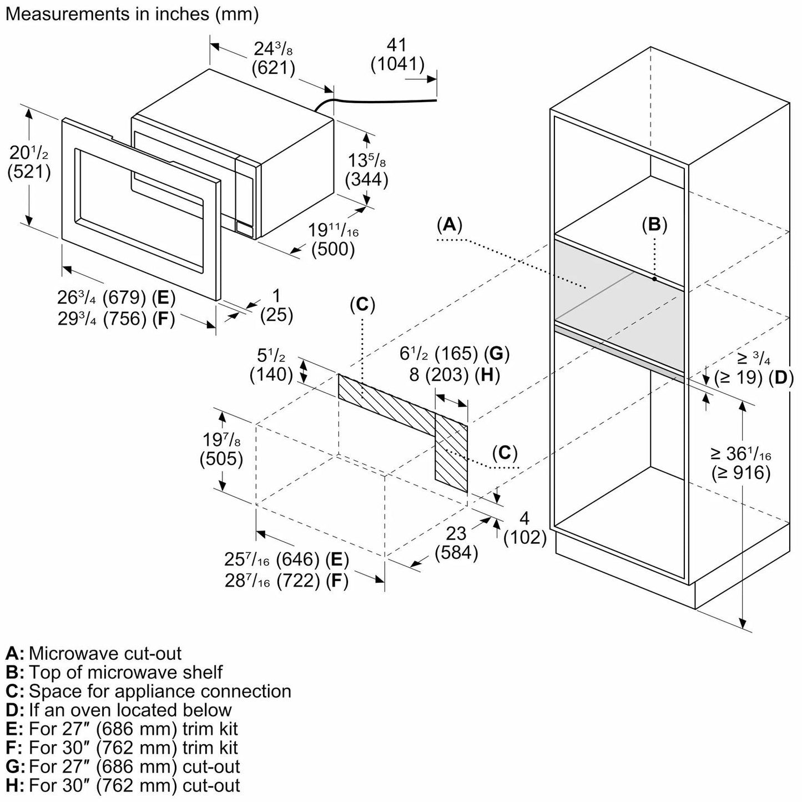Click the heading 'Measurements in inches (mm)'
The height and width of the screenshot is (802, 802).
tap(132, 14)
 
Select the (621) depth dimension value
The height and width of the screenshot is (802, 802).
tap(273, 68)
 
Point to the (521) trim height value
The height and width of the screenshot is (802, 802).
tap(29, 172)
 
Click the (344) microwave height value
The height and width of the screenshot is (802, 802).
tap(366, 180)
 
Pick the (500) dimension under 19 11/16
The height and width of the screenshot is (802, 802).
tap(333, 249)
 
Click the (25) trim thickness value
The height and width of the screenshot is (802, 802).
tap(276, 315)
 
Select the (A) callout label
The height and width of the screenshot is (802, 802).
tap(449, 224)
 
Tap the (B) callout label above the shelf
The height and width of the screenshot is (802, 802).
tap(654, 224)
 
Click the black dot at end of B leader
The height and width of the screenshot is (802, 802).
tap(655, 279)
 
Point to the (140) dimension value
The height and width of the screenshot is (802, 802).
tap(271, 375)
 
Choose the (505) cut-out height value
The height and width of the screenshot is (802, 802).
tap(221, 459)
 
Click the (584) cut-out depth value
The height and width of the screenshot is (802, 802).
tap(457, 553)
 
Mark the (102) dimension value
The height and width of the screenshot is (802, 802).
tap(525, 537)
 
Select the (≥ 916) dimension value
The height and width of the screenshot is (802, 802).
tap(741, 473)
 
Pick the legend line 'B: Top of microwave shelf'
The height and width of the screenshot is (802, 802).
tap(114, 672)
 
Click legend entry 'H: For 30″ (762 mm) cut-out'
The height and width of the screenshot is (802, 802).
tap(123, 785)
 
